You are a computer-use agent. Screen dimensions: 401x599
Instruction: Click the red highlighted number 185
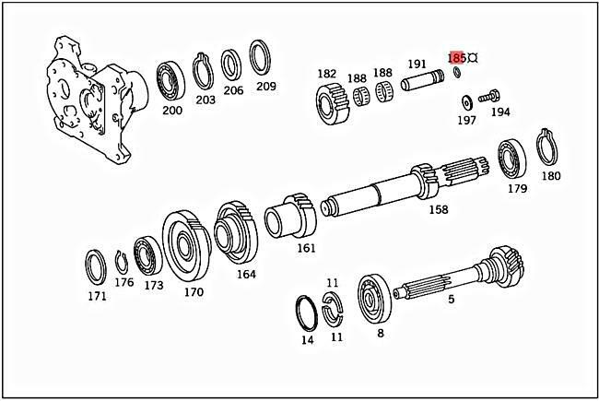tap(456, 56)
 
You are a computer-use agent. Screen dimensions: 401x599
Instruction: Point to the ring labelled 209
tap(262, 59)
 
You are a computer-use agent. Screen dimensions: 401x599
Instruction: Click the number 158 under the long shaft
tap(439, 210)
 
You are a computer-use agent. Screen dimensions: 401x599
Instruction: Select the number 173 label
tap(154, 286)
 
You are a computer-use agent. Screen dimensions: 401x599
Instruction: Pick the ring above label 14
tap(307, 313)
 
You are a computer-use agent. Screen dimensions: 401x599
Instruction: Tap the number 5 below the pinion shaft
tap(451, 299)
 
